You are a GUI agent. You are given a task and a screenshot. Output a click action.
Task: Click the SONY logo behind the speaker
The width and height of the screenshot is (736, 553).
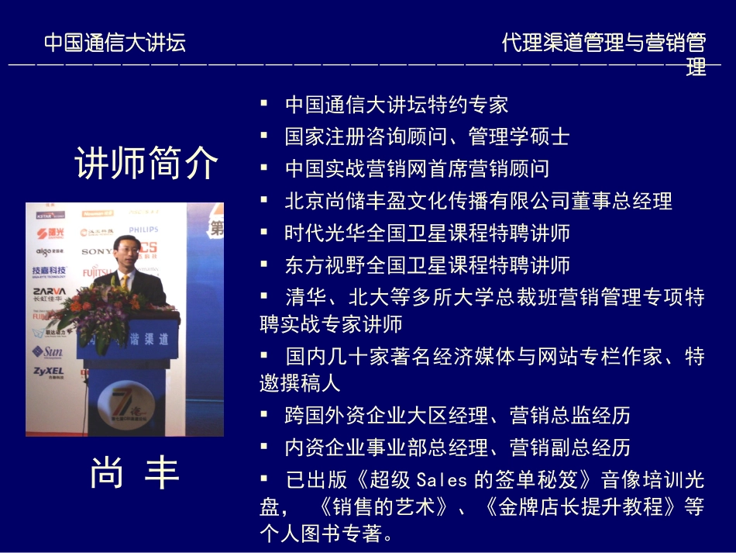click(97, 251)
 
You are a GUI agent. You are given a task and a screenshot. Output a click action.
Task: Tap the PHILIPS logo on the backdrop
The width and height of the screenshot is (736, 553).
click(143, 230)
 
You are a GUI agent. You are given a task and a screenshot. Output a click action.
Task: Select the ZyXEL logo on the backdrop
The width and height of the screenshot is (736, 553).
click(48, 372)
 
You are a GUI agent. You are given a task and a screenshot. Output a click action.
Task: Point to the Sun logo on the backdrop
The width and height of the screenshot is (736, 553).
click(48, 352)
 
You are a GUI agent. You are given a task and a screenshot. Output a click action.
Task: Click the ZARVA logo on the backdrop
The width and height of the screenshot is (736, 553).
click(48, 292)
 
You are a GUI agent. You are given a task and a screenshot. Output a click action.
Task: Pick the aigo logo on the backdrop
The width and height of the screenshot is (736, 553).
click(49, 251)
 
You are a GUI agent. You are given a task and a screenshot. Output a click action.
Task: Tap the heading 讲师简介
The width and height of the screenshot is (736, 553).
click(146, 164)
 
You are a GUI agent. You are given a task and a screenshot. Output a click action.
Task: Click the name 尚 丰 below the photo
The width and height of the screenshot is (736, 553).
click(134, 472)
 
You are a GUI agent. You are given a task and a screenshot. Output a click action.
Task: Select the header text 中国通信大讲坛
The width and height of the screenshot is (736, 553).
click(115, 42)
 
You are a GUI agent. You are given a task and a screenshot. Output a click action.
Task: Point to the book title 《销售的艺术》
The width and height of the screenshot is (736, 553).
click(384, 507)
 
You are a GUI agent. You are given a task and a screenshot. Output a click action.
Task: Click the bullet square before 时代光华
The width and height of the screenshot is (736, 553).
click(265, 231)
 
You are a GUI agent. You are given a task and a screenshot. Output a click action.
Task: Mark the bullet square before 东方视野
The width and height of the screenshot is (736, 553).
click(265, 263)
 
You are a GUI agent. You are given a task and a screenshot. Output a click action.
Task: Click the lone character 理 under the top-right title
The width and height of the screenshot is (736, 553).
click(696, 67)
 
